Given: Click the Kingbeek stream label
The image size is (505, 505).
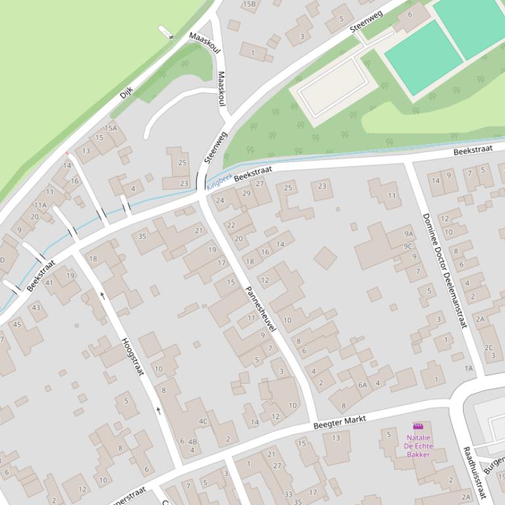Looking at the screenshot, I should pos(219,181).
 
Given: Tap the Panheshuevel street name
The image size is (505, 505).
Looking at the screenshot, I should pos(261,308).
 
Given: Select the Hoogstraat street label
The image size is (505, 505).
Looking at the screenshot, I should pos(133,356).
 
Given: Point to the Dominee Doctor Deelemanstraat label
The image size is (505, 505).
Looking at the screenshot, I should pos(444,270).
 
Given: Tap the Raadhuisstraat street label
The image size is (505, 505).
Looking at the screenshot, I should pos(474,472).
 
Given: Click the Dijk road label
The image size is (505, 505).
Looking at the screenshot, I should pos(126,92).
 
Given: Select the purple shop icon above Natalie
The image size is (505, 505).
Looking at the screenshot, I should pos(418,426).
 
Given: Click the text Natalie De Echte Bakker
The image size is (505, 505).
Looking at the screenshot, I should pos(418,446).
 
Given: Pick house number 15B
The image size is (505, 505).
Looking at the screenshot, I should pos(249,4).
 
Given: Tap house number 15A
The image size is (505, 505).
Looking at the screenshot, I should pos(111,129).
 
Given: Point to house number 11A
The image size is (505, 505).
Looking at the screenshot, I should pos(40,205).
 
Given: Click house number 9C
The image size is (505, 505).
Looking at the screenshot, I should pos(408,246).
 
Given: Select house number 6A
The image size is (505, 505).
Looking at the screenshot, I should pos(362,385).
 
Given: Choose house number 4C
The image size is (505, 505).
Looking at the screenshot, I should pos(203,422).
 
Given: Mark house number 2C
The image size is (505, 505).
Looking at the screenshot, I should pos(489,348).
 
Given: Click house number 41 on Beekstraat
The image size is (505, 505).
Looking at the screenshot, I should pos(49,283).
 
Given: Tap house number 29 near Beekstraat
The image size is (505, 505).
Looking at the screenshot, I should pos(246,193).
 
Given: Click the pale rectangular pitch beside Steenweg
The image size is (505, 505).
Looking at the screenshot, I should pos(333,85).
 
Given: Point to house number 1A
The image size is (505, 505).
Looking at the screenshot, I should pos(468,369).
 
